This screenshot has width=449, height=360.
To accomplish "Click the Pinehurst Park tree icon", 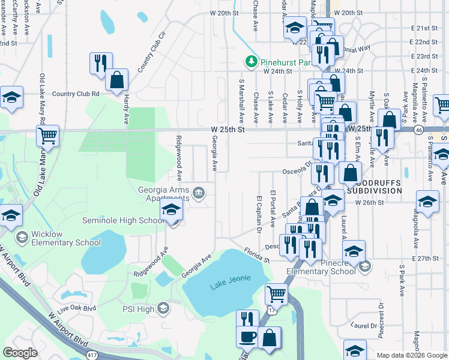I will (251, 61).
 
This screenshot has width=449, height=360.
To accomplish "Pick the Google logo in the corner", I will (20, 353).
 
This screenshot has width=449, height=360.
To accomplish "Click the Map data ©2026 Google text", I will (411, 355).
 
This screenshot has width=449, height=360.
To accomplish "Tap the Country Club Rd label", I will (75, 94).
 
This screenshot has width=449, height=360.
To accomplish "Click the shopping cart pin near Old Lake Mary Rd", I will (47, 135).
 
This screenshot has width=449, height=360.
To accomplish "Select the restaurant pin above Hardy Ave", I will (100, 62).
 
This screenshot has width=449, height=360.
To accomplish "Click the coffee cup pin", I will (247, 337).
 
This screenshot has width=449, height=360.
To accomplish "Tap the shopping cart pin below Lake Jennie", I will (276, 293).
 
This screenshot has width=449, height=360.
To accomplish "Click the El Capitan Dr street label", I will (259, 214).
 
